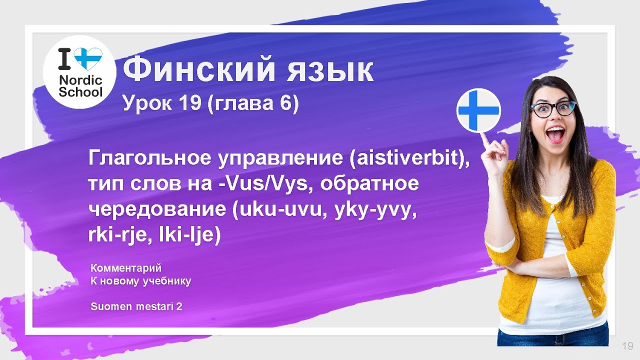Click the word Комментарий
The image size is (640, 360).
click(126, 268)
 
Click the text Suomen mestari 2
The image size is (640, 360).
click(136, 306)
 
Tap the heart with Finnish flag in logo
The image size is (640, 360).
click(88, 59)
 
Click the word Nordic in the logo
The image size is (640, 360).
click(80, 80)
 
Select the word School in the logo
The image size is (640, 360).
click(80, 92)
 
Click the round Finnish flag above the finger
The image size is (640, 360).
click(478, 110)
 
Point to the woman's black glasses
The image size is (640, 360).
click(552, 108)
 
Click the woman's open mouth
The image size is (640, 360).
click(554, 133)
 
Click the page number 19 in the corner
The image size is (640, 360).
click(627, 346)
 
